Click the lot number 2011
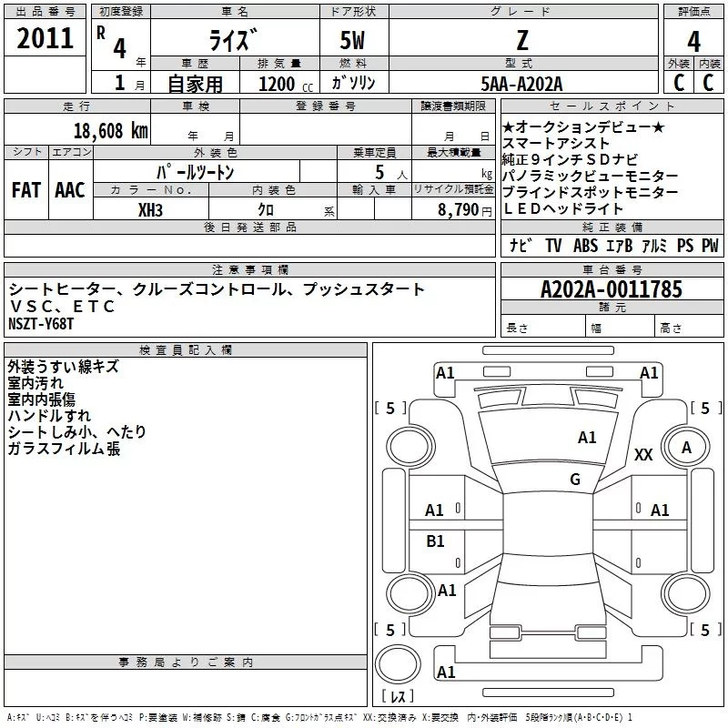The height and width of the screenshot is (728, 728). pos(46,38)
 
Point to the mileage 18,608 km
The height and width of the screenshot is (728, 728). pos(111,130)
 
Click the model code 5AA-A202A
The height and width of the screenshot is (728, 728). pos(521,83)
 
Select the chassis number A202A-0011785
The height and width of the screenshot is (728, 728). pos(612,289)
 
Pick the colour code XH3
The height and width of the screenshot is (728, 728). pos(152,208)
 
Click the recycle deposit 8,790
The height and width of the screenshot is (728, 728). pos(459,208)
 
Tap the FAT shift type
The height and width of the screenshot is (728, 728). pos(26,190)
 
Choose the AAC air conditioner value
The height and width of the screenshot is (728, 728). pos(70,190)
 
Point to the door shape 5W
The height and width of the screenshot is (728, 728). pos(354,41)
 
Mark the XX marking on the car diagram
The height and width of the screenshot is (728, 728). pos(643,454)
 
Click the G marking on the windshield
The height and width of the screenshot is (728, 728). pos(575,479)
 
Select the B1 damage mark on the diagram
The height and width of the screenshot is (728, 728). pos(436,541)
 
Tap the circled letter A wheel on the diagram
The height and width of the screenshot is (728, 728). pos(686,447)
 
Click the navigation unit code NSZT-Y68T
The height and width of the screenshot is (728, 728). pos(41,324)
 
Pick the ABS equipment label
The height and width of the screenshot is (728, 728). pos(585,246)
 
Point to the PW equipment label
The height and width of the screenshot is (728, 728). pos(710,246)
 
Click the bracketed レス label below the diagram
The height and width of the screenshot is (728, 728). pos(397,697)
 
